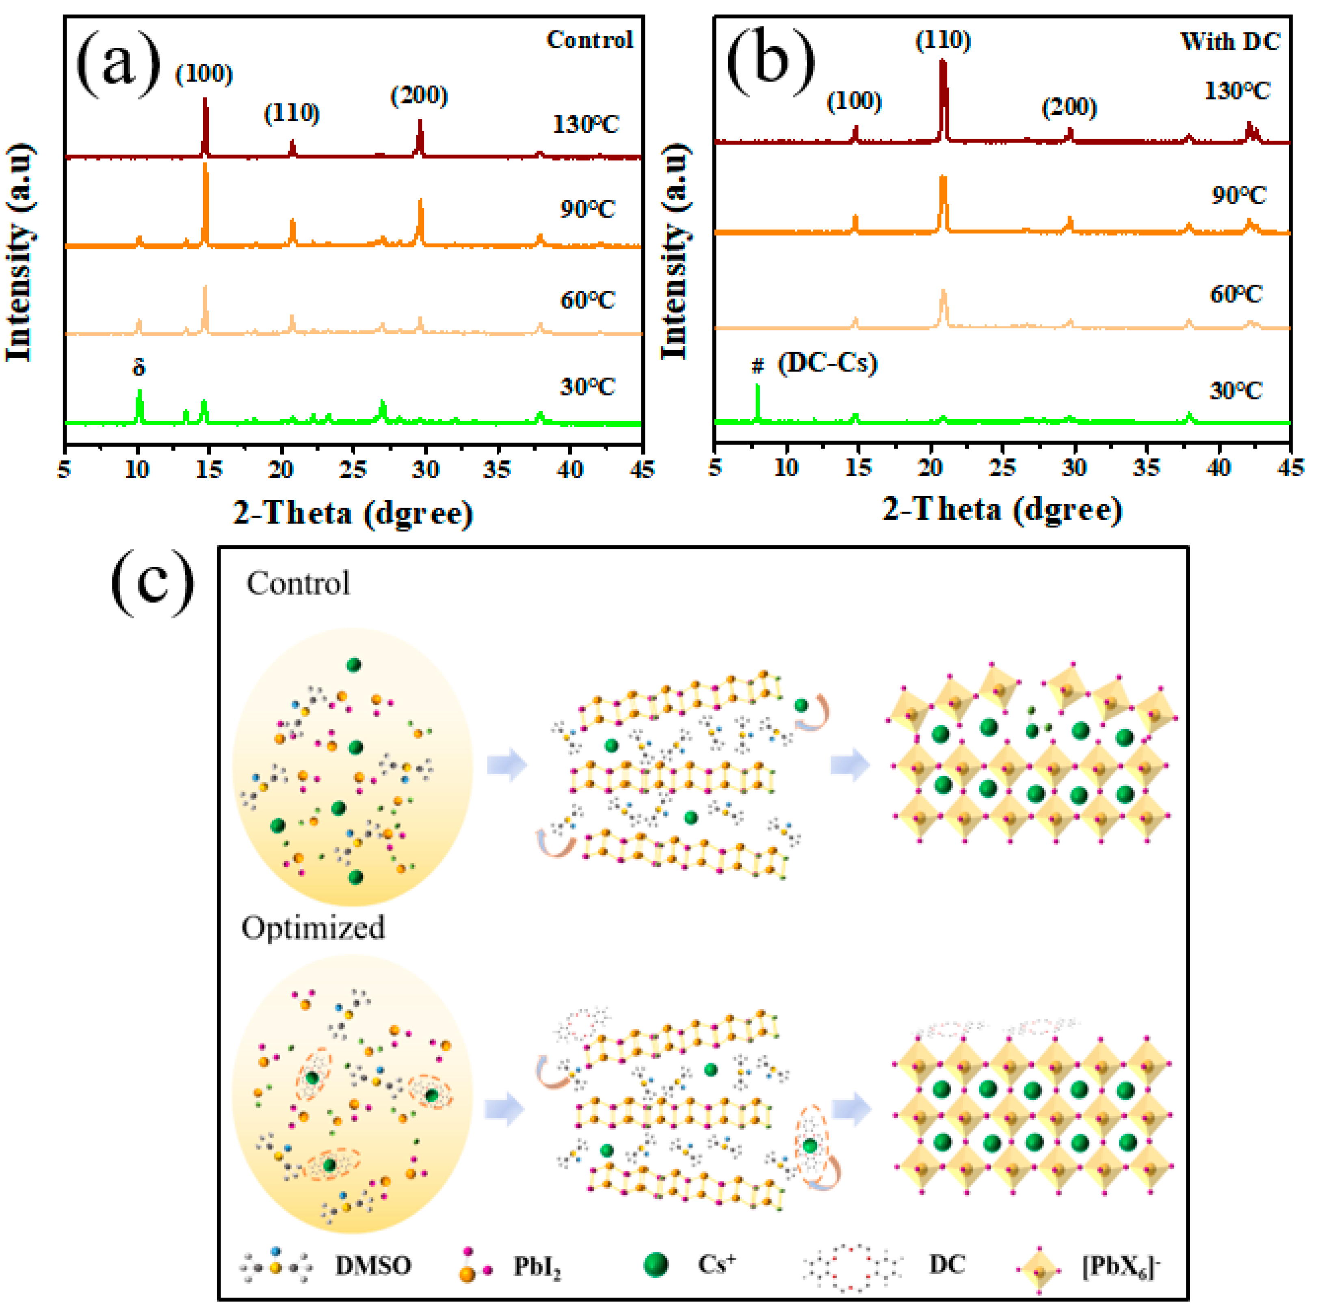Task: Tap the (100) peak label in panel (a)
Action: (x=204, y=73)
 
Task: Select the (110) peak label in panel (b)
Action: (x=943, y=41)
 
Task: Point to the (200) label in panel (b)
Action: (x=1069, y=108)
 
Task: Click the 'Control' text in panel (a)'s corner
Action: (x=590, y=40)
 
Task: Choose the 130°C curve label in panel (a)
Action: (x=585, y=125)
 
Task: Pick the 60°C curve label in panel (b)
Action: (x=1236, y=295)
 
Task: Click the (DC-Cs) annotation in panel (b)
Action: (x=827, y=363)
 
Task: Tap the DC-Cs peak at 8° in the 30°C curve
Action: (x=757, y=402)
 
